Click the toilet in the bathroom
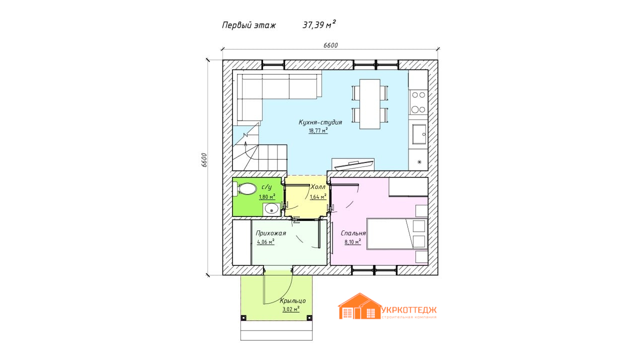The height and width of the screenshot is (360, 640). click(245, 189)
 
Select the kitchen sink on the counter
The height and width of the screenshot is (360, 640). click(419, 134)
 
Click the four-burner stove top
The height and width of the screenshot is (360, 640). click(418, 102)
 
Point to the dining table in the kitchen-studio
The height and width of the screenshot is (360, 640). click(369, 104)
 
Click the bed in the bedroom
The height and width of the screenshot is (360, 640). click(397, 234)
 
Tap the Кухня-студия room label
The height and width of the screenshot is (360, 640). click(320, 122)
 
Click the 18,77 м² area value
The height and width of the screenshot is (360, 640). click(318, 130)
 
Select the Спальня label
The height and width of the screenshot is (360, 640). click(353, 233)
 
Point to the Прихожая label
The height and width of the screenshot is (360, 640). click(270, 233)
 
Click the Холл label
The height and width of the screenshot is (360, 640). click(317, 187)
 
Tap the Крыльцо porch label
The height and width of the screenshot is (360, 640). click(293, 300)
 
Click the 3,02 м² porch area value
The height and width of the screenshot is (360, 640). click(291, 309)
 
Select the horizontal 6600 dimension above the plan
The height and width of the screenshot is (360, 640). click(330, 45)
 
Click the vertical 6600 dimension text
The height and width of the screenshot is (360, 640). click(204, 160)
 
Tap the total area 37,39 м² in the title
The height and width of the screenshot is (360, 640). click(319, 24)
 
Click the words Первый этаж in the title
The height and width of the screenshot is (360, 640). click(249, 25)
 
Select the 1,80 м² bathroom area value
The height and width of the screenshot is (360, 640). click(267, 196)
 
